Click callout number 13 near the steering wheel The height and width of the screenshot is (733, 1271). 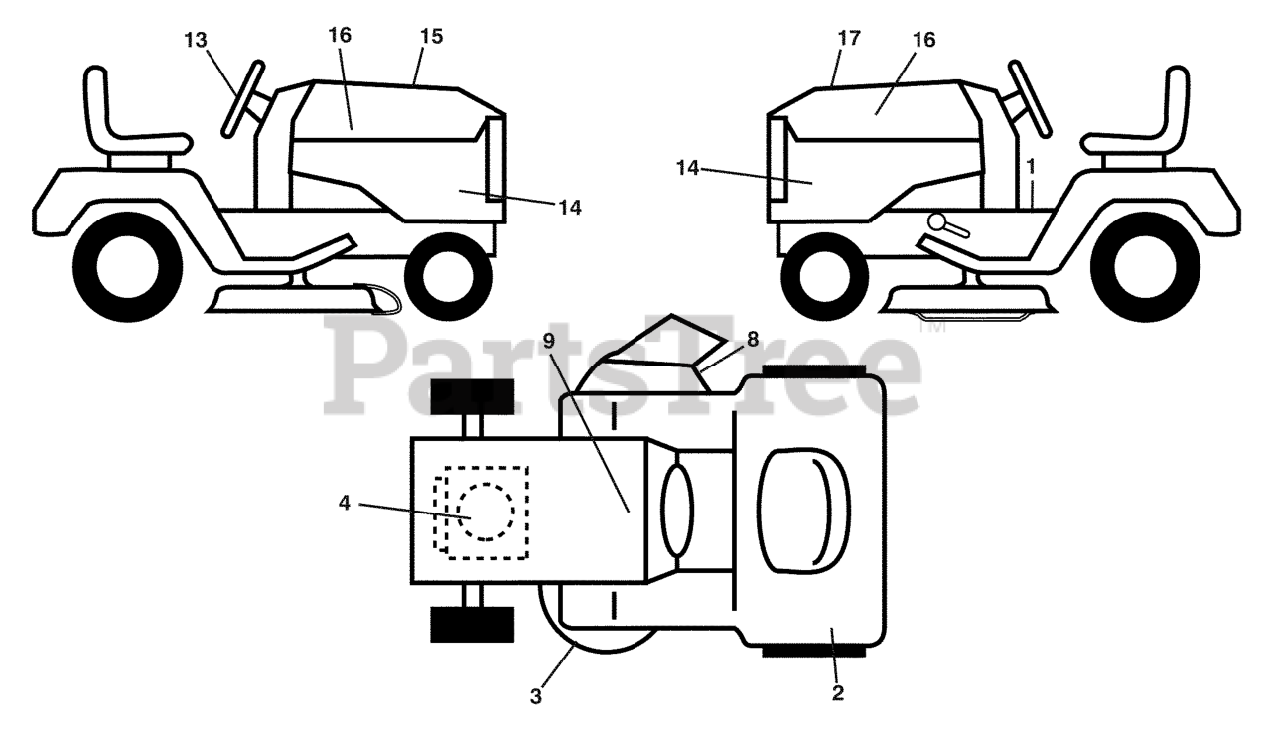point(197,40)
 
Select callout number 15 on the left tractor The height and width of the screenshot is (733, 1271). point(431,38)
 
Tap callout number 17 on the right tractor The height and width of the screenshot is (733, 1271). point(848,38)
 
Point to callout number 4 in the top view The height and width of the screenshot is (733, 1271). point(345,503)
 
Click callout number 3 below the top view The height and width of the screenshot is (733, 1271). point(536,696)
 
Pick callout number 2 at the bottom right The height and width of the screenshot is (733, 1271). point(837,693)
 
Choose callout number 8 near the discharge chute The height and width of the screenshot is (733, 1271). point(752,339)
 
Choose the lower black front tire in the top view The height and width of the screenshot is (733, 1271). point(473,625)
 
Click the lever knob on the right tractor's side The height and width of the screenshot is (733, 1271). point(937,222)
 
